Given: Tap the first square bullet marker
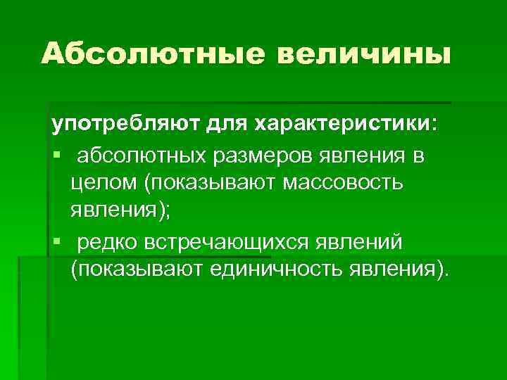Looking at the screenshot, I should pyautogui.click(x=56, y=155).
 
